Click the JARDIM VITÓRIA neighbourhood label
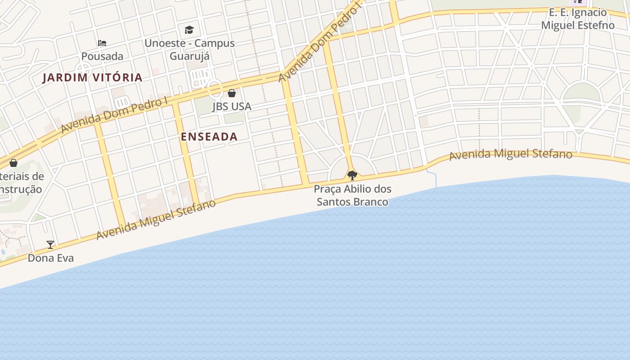92,77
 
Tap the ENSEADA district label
209,137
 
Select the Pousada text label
102,56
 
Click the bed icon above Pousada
102,43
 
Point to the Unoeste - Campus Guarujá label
189,49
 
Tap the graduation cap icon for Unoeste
189,30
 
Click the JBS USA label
231,107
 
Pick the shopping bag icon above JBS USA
232,93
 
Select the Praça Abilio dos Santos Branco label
352,195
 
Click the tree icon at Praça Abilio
352,175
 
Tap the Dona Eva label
50,258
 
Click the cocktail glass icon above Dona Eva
50,245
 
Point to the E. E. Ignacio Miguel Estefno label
577,19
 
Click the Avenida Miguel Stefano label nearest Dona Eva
156,220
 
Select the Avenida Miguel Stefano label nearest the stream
511,154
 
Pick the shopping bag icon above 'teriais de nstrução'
13,162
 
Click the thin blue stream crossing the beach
435,179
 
